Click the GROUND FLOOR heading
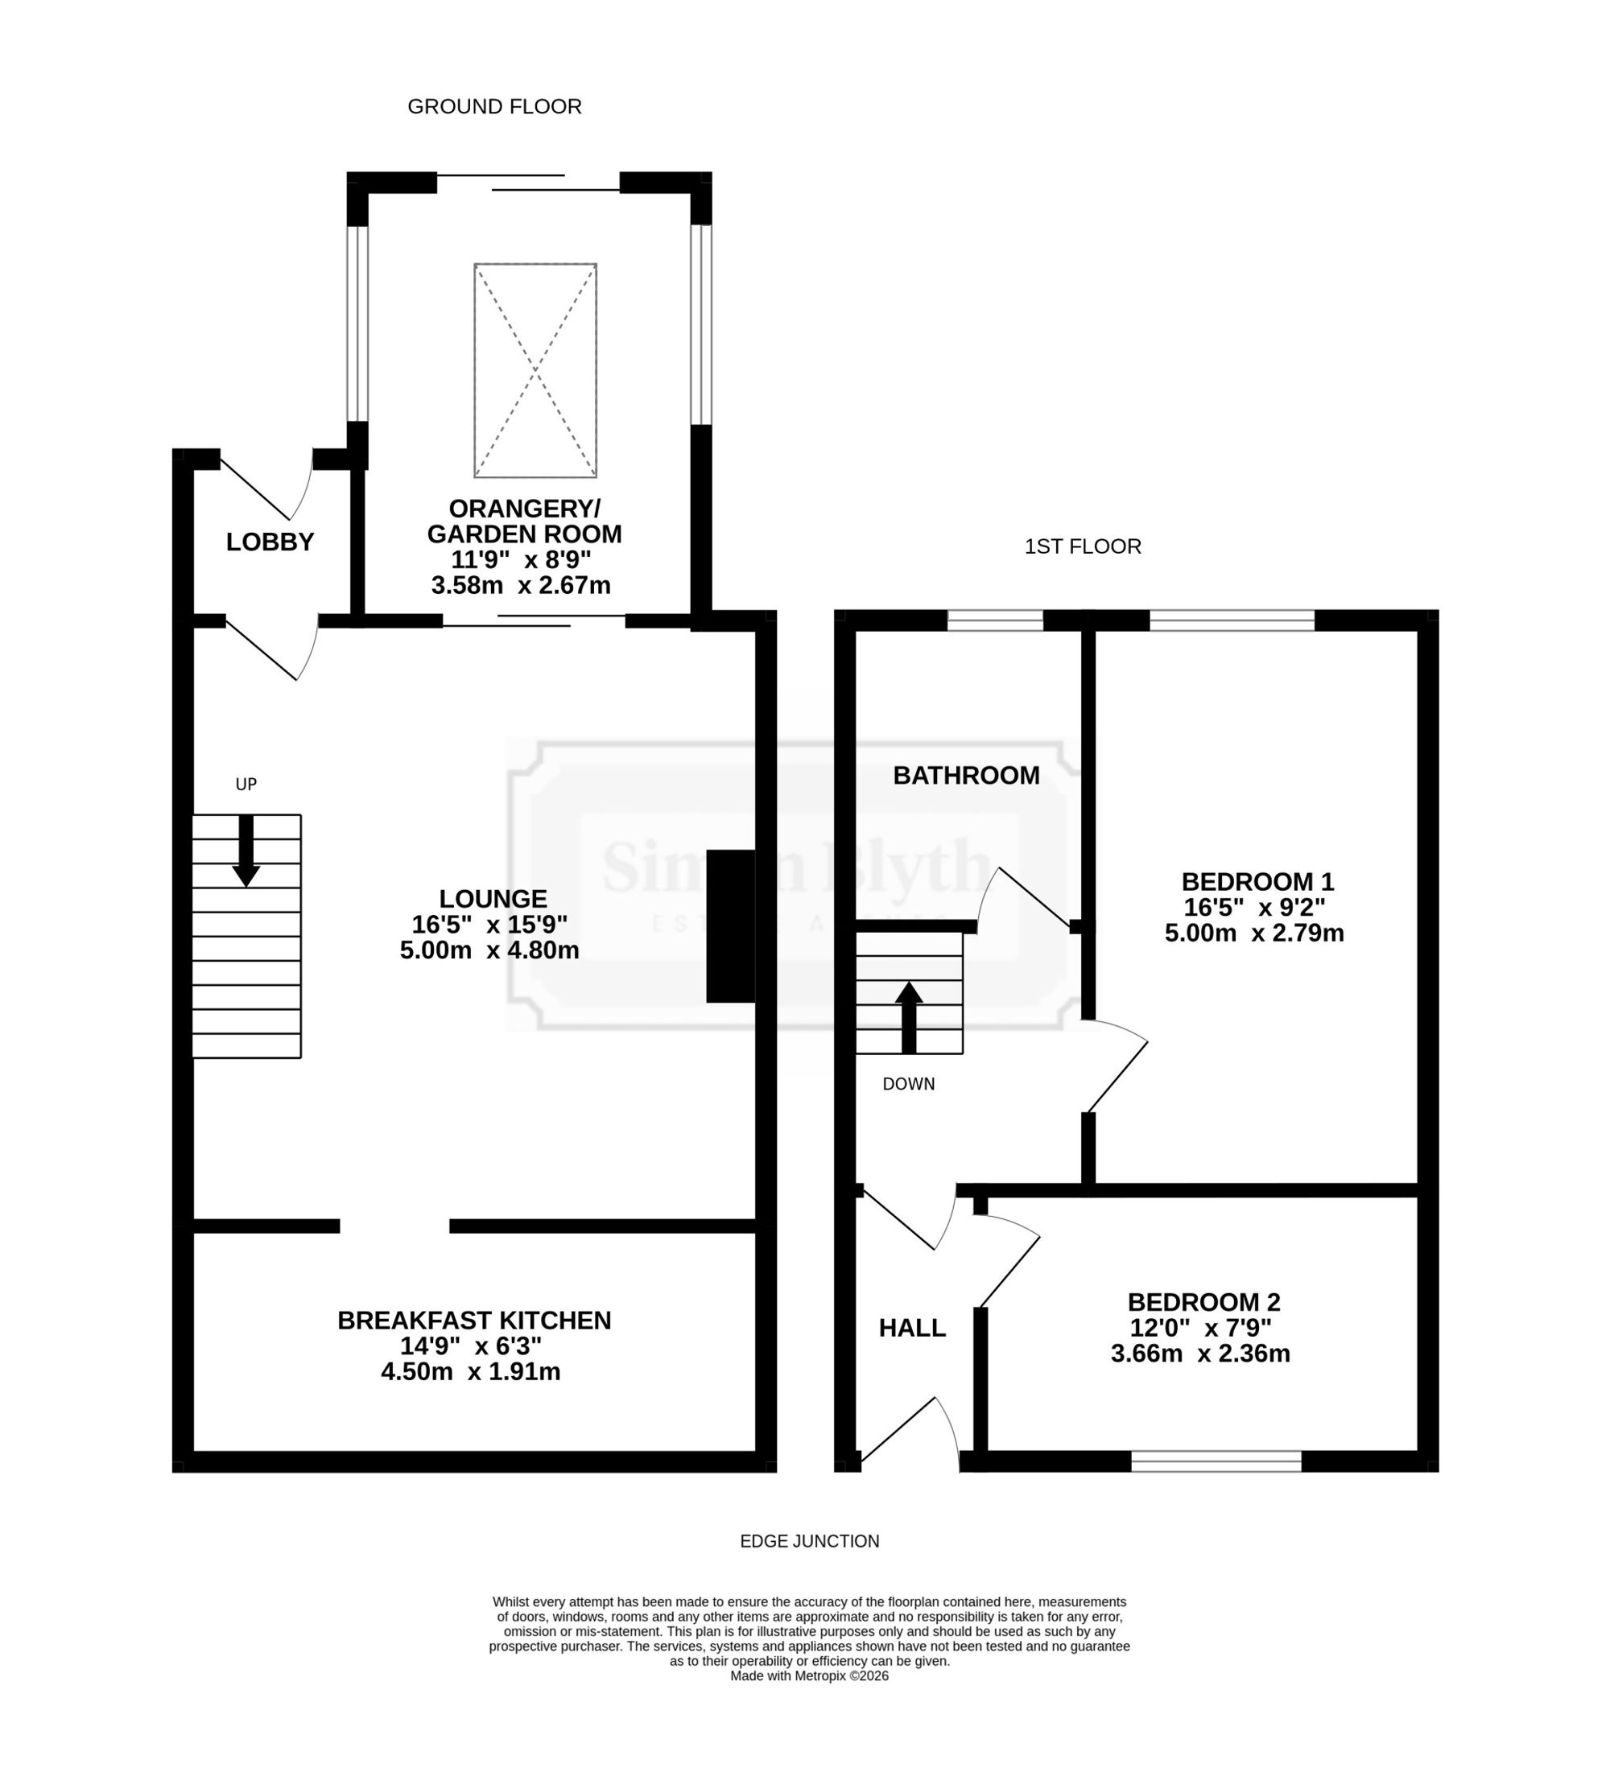point(494,107)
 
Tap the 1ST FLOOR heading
point(1083,547)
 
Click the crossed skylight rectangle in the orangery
point(535,371)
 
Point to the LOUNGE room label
point(493,899)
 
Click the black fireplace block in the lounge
point(730,926)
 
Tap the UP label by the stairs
point(246,785)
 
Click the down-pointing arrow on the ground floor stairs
point(246,851)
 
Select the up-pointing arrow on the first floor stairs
point(909,1017)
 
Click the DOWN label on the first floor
point(909,1085)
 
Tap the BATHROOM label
point(966,776)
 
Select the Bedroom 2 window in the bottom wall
point(1216,1461)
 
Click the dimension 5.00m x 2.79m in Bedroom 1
point(1255,933)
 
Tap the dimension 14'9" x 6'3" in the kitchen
point(471,1346)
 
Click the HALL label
point(913,1329)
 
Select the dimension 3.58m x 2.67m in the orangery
point(521,586)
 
